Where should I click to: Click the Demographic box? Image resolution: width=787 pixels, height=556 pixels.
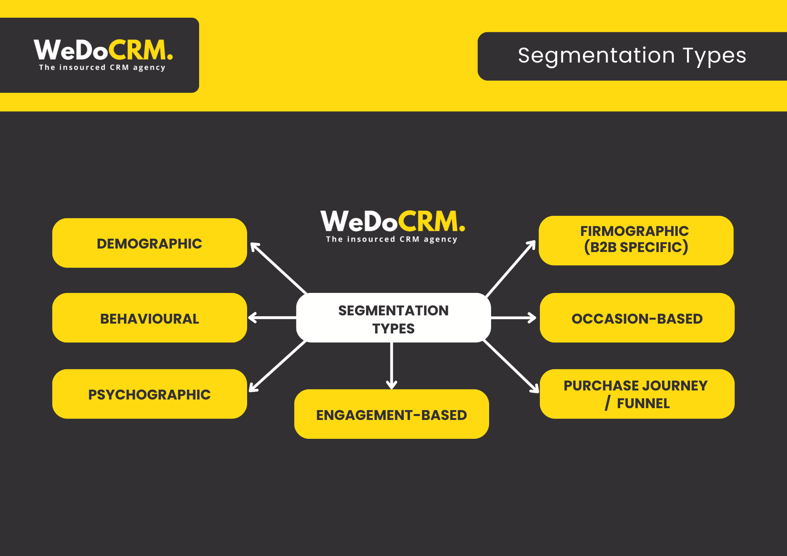[x=150, y=243]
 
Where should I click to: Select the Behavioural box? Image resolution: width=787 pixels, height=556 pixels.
[x=150, y=318]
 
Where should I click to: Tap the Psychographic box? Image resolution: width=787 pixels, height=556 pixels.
[x=150, y=394]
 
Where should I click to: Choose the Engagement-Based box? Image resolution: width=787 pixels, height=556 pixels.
[x=392, y=414]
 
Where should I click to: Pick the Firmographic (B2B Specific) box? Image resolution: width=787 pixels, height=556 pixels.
[x=636, y=240]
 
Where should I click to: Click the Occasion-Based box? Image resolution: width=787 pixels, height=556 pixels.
[x=637, y=318]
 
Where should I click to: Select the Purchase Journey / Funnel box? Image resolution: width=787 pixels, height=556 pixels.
[x=637, y=394]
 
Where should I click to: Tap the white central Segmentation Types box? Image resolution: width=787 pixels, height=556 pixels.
[x=393, y=318]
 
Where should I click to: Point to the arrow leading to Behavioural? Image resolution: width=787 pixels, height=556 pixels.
[x=272, y=318]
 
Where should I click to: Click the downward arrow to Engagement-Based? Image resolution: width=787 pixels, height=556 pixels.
[x=392, y=366]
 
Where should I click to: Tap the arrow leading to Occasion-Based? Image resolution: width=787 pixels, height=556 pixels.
[x=514, y=318]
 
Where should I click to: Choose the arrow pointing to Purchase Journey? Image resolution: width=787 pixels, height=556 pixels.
[x=511, y=366]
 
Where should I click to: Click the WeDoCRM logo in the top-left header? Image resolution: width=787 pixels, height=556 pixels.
[x=103, y=50]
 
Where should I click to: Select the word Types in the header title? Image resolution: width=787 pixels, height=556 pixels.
[x=714, y=56]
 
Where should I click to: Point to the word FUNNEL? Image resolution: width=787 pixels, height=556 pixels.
[x=643, y=404]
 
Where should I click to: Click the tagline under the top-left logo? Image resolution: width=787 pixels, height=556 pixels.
[x=102, y=68]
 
